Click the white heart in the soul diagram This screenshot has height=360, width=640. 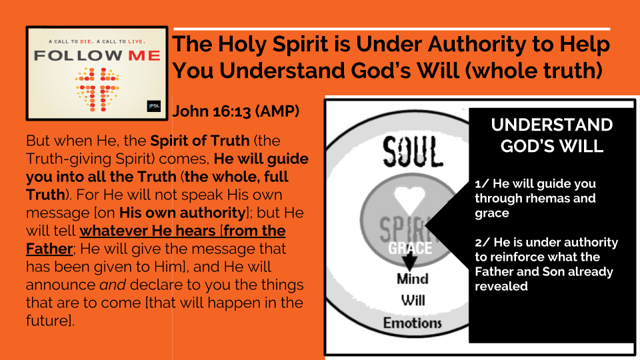[409, 199]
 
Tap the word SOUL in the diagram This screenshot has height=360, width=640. [413, 152]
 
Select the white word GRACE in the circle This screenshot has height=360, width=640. [410, 248]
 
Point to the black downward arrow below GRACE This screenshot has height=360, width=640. [410, 261]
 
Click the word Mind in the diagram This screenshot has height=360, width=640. [413, 279]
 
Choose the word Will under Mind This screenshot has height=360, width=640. [413, 301]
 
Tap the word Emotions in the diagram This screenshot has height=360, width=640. [412, 323]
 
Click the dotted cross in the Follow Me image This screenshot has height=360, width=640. [97, 90]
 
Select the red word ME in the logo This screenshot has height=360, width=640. [145, 55]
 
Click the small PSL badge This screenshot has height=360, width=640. [154, 106]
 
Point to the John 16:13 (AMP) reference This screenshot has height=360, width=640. [236, 111]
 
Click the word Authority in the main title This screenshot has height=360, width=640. [481, 45]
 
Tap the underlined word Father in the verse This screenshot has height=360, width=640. [49, 249]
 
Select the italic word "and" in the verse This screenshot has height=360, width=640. [113, 285]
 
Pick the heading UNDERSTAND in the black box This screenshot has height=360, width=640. [552, 125]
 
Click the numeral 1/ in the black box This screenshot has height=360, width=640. [481, 184]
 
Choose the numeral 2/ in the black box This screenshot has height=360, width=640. [482, 243]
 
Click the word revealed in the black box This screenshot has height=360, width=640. [501, 286]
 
